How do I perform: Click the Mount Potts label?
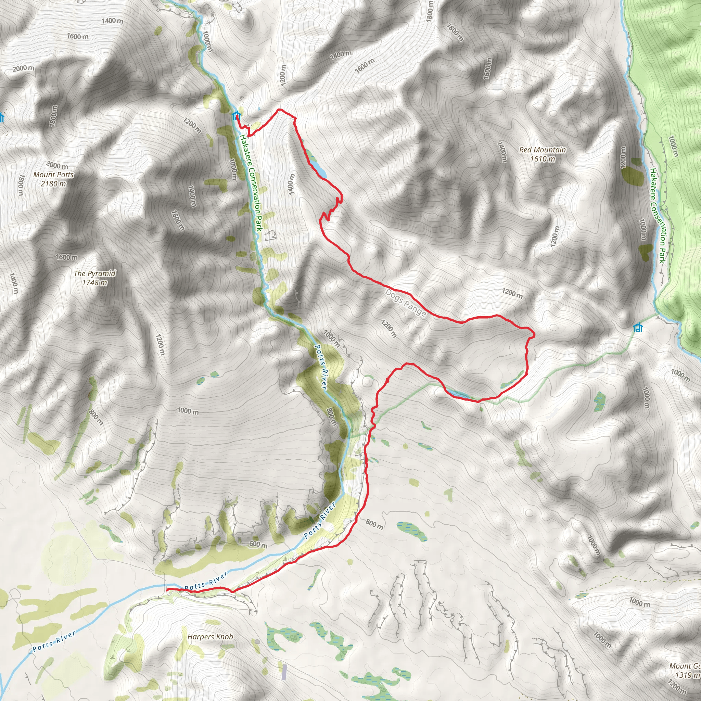tap(53, 175)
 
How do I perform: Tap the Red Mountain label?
tap(542, 150)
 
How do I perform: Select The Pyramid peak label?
tap(95, 273)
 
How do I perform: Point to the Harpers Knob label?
tap(210, 637)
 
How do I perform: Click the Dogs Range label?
tap(405, 303)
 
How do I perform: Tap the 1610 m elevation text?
tap(543, 159)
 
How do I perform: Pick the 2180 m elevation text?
tap(53, 183)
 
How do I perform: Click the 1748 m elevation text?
tap(95, 283)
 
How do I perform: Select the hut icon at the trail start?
tap(237, 116)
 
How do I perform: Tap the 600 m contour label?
tap(258, 544)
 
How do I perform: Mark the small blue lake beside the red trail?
tap(320, 169)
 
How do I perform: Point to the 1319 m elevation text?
tap(687, 675)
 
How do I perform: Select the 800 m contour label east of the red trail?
tap(374, 524)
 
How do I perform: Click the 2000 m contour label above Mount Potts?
tap(57, 166)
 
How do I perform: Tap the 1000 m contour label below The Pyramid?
tap(188, 411)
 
